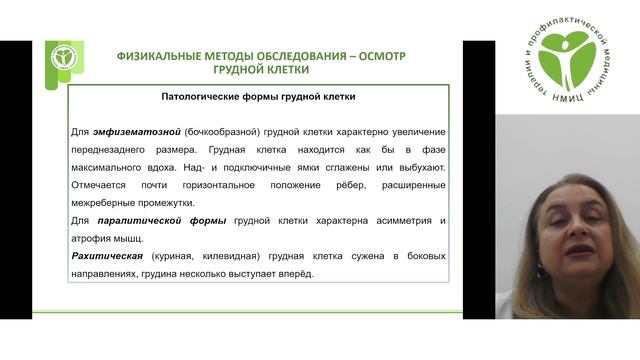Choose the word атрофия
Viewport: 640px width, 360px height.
(x=94, y=238)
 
